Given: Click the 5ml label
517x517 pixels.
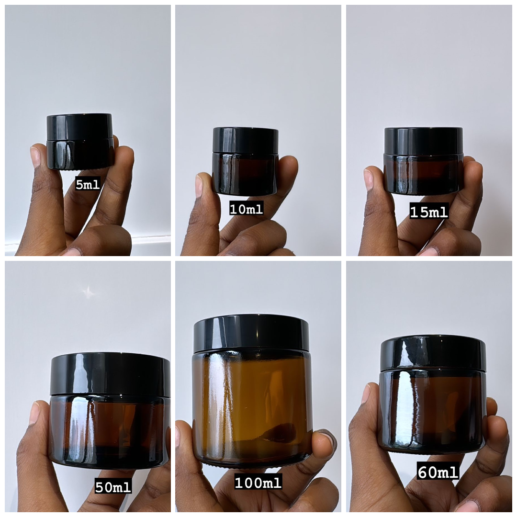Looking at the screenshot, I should [88, 184].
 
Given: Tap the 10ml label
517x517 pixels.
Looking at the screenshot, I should [246, 209].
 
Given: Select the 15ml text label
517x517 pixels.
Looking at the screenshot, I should [428, 212].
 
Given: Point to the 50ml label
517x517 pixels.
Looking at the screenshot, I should [113, 487].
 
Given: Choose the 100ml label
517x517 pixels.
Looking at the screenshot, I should [258, 482].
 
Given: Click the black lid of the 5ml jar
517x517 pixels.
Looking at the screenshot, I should [79, 126].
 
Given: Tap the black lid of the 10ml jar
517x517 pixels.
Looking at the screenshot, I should [246, 139].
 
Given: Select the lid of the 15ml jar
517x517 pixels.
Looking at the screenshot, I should [424, 140].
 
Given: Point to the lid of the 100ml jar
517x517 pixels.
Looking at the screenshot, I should [251, 333].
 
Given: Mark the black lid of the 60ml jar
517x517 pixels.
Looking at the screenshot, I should [433, 353].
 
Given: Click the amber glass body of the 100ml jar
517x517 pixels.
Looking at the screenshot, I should [252, 407].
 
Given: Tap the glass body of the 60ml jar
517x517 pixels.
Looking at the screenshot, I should [432, 412].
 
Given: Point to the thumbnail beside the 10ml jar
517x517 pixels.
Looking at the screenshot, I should [199, 186].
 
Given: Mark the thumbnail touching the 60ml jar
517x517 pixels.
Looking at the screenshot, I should [366, 393].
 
